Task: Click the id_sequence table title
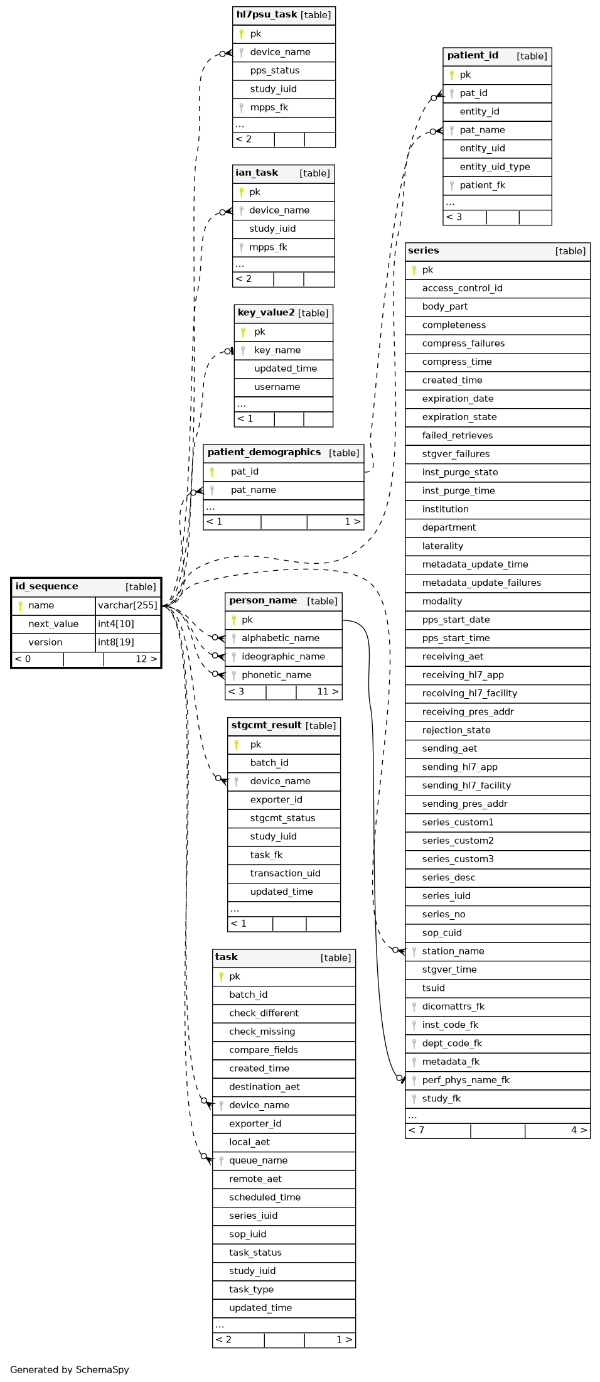tap(47, 586)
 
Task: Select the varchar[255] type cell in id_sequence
tap(128, 606)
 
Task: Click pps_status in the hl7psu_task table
tap(275, 71)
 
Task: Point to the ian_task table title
tap(257, 173)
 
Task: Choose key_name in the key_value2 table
tap(277, 350)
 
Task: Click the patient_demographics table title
tap(264, 453)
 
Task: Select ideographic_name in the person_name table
tap(284, 657)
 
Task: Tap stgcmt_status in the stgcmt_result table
tap(282, 818)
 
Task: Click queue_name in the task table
tap(259, 1160)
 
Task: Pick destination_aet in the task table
tap(264, 1087)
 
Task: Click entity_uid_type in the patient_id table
tap(495, 167)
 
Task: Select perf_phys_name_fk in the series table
tap(466, 1080)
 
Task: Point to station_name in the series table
tap(453, 951)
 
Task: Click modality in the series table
tap(442, 602)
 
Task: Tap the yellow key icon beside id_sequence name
tap(20, 606)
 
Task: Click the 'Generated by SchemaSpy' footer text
tap(69, 1369)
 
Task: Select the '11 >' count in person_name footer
tap(328, 692)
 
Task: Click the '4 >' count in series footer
tap(579, 1130)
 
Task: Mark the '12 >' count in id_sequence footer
tap(146, 659)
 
